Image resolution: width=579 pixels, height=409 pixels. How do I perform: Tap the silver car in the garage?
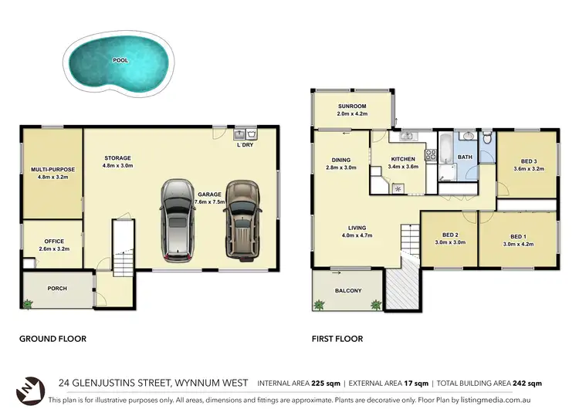pos(178,221)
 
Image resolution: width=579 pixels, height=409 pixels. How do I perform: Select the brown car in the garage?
pos(242,221)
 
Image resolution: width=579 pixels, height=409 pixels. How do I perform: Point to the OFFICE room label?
pos(52,241)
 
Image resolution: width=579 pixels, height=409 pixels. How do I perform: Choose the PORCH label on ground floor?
pos(57,289)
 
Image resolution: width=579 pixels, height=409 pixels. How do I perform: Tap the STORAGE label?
pos(118,157)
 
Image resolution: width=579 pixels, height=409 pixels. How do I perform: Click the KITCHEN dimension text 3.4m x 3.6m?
pos(403,166)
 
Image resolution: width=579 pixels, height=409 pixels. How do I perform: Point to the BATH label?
pos(465,157)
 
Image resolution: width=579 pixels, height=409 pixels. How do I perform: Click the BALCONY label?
pos(348,291)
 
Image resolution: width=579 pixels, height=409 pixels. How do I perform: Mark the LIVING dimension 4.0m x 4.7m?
pos(357,235)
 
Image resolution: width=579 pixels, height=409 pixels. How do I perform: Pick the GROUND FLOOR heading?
pos(52,338)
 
